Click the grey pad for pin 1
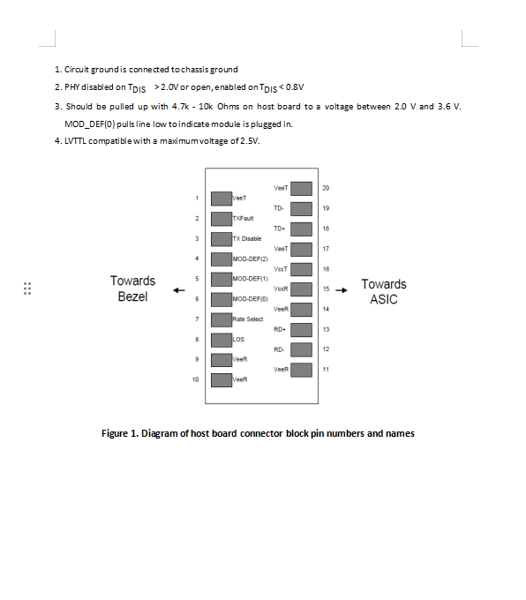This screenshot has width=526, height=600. tap(222, 199)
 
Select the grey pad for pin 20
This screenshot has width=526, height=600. tap(301, 189)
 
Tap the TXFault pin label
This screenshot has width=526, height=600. tap(243, 219)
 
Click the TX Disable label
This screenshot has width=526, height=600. tap(247, 239)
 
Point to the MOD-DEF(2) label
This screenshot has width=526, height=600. tap(251, 259)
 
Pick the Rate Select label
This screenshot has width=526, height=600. tap(248, 319)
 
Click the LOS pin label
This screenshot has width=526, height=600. tap(238, 340)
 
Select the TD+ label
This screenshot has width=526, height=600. tap(280, 229)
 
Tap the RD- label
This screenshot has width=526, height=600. tap(279, 349)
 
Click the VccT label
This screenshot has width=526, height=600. tap(281, 269)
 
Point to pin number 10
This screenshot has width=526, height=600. tap(196, 379)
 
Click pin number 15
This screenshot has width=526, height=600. tap(326, 289)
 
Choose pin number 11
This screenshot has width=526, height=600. tap(326, 369)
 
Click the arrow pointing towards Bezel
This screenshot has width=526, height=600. tap(179, 290)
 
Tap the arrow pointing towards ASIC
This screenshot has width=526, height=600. tap(342, 290)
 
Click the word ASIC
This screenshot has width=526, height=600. tap(384, 299)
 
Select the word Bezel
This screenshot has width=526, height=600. tap(133, 296)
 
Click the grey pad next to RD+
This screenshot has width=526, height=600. tap(301, 330)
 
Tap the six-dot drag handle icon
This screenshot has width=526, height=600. tap(27, 289)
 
